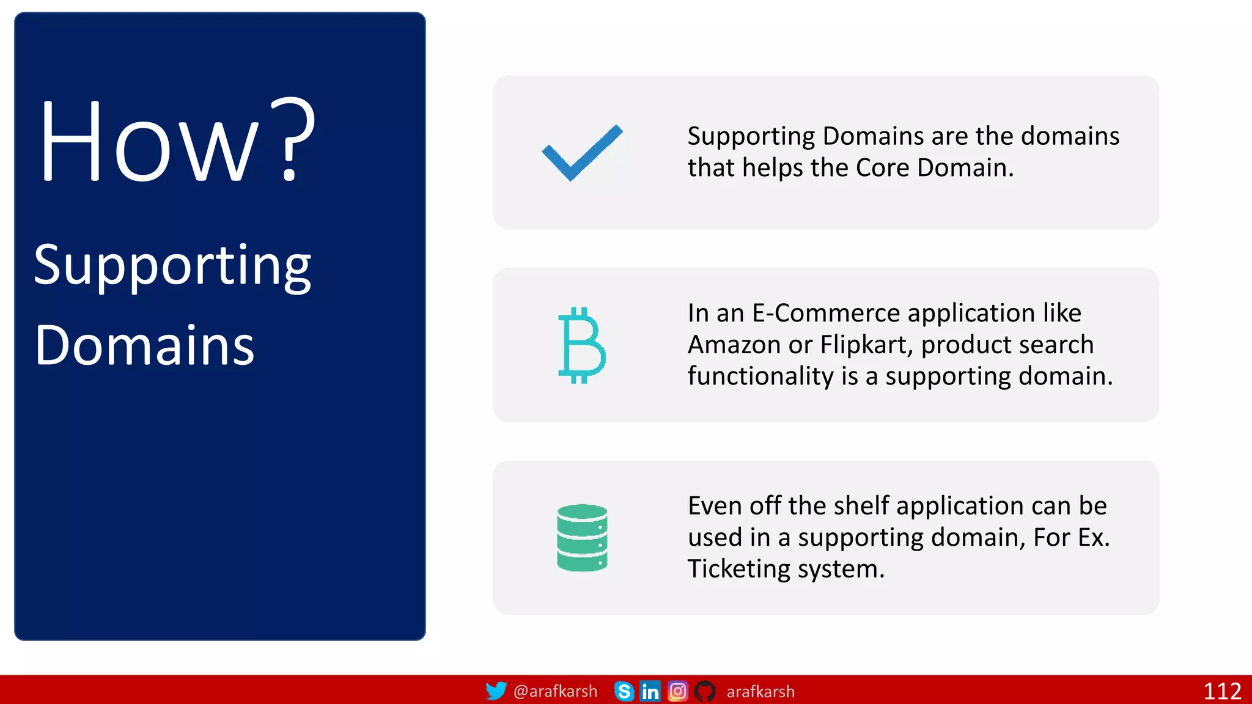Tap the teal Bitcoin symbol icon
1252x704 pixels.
click(581, 345)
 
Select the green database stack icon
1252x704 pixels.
click(582, 538)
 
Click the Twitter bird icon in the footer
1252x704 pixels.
click(496, 691)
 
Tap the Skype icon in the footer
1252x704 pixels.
click(624, 691)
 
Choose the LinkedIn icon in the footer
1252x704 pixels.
click(650, 691)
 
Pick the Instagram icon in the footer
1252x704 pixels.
click(677, 691)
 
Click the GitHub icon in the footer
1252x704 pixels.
click(705, 691)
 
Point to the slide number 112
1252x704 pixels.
click(1222, 691)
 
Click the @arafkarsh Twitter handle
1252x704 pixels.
click(555, 691)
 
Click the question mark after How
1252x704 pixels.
click(293, 139)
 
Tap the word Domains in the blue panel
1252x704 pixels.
click(144, 345)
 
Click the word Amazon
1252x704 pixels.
click(734, 345)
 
